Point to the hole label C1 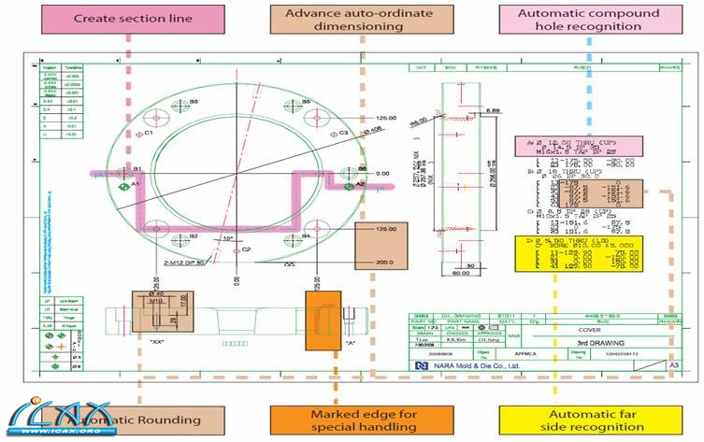[x=148, y=133]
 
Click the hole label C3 [x=343, y=133]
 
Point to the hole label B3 [x=194, y=100]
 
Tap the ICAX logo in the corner [x=50, y=417]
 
